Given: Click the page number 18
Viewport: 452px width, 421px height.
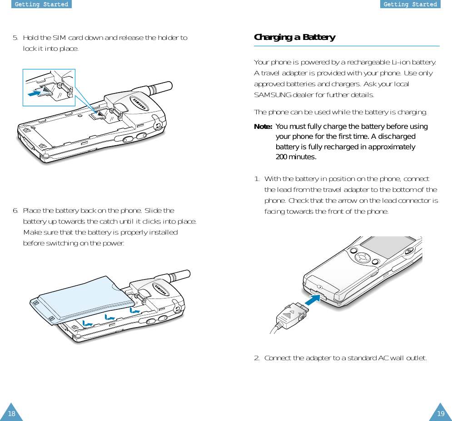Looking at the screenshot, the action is [x=11, y=414].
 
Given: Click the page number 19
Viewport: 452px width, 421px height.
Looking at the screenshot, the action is [x=441, y=414].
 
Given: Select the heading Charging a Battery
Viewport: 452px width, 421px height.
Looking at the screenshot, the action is [x=295, y=38].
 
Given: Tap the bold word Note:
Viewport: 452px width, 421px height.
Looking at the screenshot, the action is [x=263, y=127].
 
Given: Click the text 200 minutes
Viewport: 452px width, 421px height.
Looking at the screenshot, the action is [x=296, y=157].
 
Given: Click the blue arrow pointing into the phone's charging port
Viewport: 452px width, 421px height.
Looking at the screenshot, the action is [x=313, y=300].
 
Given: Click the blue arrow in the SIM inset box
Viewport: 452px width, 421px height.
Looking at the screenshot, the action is [x=35, y=93].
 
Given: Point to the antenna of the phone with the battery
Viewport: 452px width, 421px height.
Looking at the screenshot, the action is [x=179, y=275].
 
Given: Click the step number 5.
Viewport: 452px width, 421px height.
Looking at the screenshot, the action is [x=15, y=38].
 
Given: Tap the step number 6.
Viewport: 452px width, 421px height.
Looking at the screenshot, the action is [x=15, y=211].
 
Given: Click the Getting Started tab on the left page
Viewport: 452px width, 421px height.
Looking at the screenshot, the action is [x=41, y=4].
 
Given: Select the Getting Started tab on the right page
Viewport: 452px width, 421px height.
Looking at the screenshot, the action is [x=410, y=4].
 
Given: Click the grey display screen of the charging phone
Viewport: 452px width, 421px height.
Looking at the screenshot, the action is [x=387, y=246].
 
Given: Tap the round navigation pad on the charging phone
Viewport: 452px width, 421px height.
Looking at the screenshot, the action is [x=362, y=257].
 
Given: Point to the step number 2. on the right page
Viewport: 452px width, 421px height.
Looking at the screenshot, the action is [x=257, y=358].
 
